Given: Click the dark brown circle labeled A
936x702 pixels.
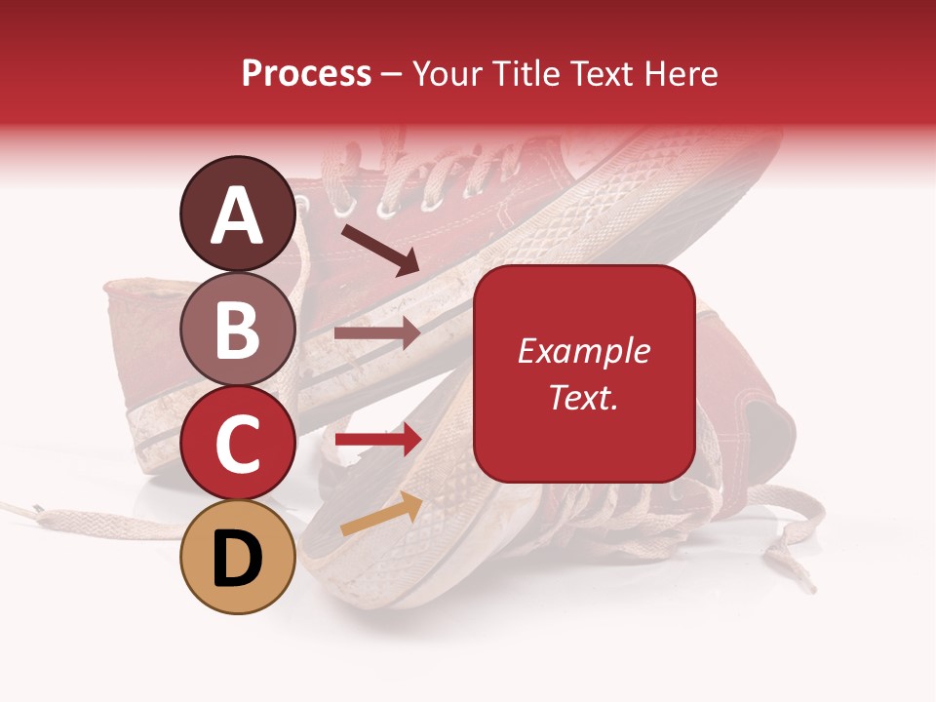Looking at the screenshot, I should click(x=237, y=214).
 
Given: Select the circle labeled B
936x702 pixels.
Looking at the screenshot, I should click(x=237, y=329).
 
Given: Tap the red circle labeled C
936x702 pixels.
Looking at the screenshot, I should click(x=237, y=443).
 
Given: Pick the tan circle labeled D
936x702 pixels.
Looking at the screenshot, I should click(x=237, y=557).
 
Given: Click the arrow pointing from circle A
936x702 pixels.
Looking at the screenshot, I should click(x=379, y=250).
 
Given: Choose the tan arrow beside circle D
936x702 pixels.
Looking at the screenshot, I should click(x=381, y=514).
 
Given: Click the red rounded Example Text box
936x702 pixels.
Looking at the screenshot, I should click(x=584, y=373).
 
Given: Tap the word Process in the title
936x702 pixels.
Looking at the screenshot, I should click(x=306, y=73).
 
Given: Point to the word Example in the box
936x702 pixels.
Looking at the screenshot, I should click(x=584, y=351).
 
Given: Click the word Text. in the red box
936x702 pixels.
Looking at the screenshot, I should click(x=584, y=398).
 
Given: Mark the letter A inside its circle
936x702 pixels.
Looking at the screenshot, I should click(x=237, y=214).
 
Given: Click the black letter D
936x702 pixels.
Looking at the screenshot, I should click(x=237, y=559).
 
